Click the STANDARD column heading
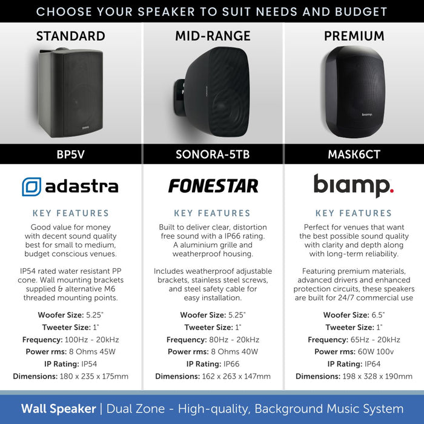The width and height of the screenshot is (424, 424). pos(70,36)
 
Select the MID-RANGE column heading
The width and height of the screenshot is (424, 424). pos(213,36)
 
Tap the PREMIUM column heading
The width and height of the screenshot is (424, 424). pos(354,36)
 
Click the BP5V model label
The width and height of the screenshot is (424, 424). pos(70,154)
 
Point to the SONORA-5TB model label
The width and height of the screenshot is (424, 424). pos(213,154)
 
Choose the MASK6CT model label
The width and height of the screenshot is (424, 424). pos(354,154)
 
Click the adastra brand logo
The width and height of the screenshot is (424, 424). pos(70,186)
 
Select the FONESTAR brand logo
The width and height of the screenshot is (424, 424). pos(213,186)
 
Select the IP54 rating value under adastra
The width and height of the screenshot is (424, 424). pos(89,364)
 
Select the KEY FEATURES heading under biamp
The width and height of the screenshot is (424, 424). pos(354,213)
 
